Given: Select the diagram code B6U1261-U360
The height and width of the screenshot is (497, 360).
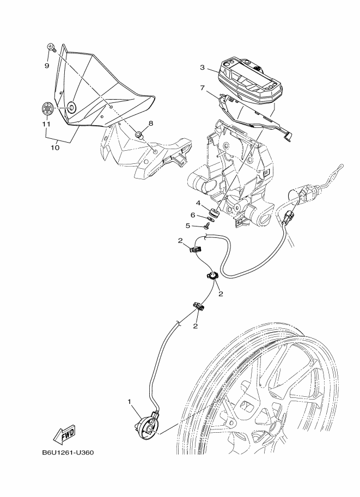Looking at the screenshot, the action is tap(68, 452).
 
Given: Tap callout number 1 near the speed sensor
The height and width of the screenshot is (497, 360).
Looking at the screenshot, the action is tap(130, 402).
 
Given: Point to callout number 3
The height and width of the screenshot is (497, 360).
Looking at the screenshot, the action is tap(203, 68).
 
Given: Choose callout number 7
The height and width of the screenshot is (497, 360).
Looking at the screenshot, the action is tap(203, 88).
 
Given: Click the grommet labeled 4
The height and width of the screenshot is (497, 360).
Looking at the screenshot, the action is tap(213, 211).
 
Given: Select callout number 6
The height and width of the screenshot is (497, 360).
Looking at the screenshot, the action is tap(193, 215).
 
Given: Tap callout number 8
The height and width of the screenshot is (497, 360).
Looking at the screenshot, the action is tap(151, 123).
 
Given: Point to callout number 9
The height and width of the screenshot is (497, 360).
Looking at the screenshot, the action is tap(47, 66).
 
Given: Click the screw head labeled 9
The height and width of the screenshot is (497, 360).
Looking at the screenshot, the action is tap(51, 47).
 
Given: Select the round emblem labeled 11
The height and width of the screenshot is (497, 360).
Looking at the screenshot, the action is tap(47, 108).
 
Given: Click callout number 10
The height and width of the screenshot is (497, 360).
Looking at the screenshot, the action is tap(55, 148).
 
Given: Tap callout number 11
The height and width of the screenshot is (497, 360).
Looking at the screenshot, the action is tap(47, 124).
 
